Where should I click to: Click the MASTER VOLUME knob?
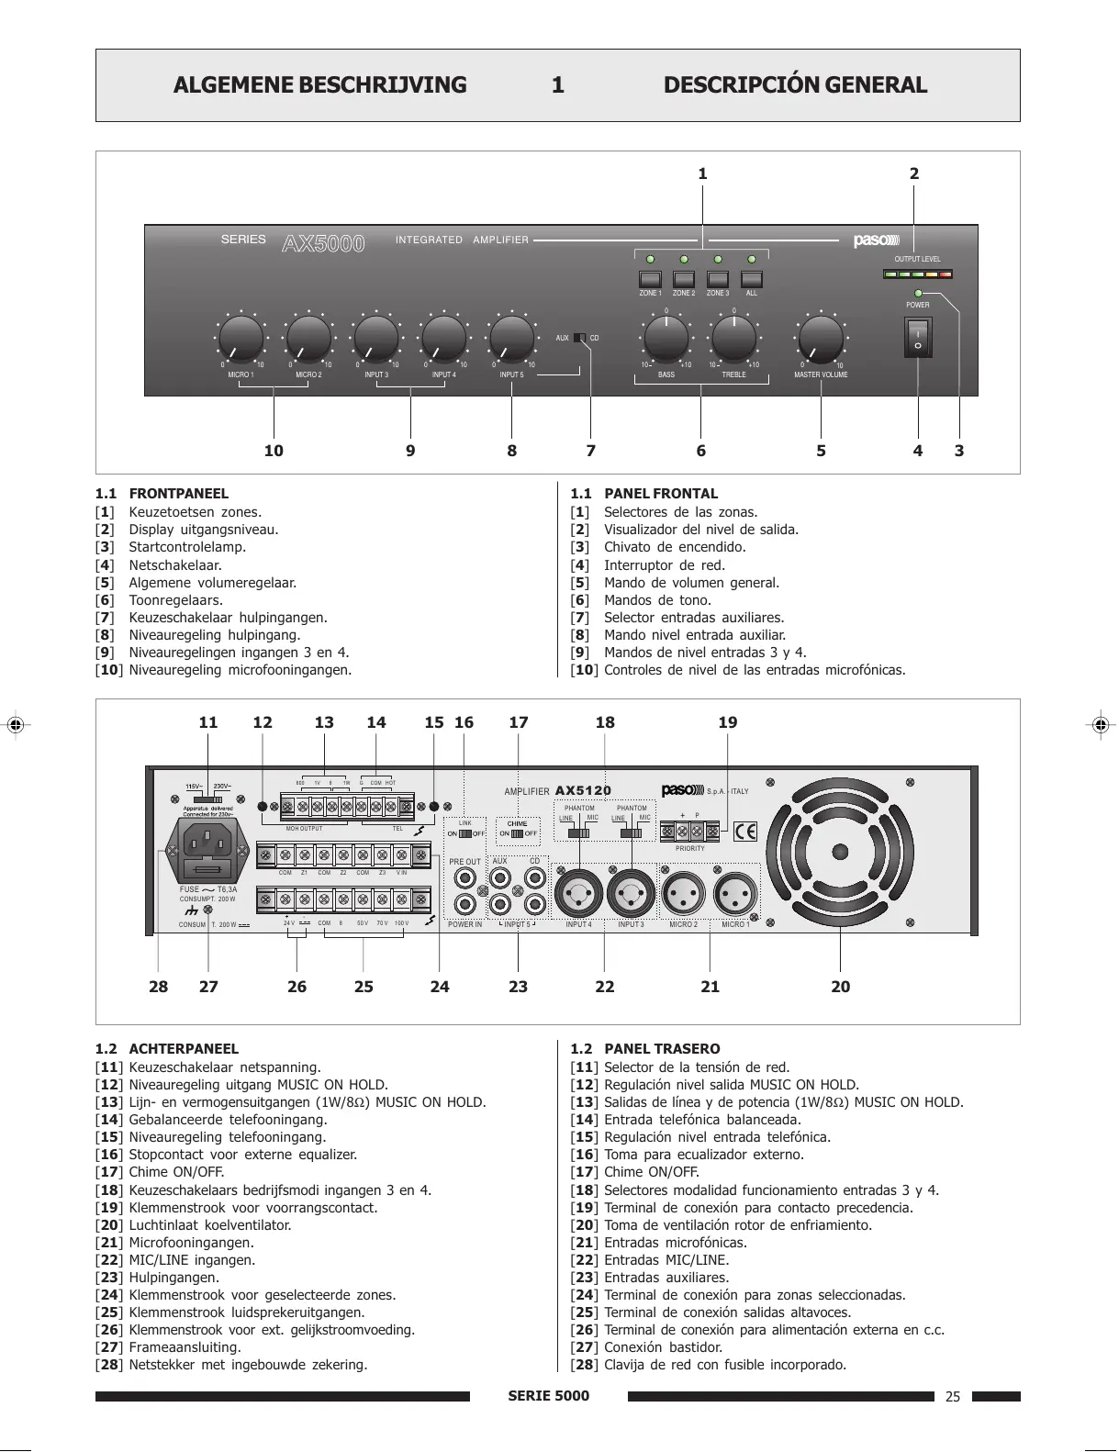click(821, 339)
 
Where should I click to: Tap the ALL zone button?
click(752, 280)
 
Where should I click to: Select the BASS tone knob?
click(666, 339)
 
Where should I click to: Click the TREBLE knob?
click(734, 339)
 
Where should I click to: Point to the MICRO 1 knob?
click(241, 339)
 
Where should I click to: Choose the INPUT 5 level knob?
click(512, 339)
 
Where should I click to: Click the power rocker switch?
click(917, 338)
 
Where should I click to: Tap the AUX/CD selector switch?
click(579, 338)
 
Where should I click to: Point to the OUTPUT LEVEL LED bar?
click(917, 274)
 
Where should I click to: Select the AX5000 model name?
click(323, 243)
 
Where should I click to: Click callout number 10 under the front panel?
click(274, 451)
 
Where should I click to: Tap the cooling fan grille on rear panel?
click(840, 849)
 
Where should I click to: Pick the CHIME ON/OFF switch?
click(518, 833)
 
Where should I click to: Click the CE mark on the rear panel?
click(746, 832)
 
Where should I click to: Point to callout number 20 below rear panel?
click(841, 987)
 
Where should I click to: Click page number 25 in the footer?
click(953, 1397)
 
